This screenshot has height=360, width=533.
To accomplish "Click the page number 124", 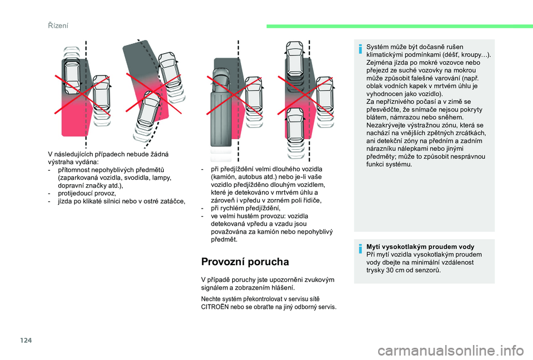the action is (26, 340).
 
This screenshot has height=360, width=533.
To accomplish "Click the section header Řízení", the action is (58, 26).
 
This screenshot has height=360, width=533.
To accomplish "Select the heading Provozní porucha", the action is (245, 262).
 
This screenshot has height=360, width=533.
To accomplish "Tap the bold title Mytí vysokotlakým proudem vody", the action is (420, 247).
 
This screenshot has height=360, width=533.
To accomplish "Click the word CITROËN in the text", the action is (215, 307).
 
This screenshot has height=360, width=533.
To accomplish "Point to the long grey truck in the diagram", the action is (220, 107).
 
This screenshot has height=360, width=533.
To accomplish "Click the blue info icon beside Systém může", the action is (360, 49).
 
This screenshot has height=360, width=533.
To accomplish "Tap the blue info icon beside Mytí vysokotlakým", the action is (360, 249).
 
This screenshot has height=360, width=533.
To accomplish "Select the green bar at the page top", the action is (399, 26).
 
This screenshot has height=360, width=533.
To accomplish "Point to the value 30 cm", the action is (397, 270).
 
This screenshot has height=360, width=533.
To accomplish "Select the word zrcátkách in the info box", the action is (471, 133).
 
